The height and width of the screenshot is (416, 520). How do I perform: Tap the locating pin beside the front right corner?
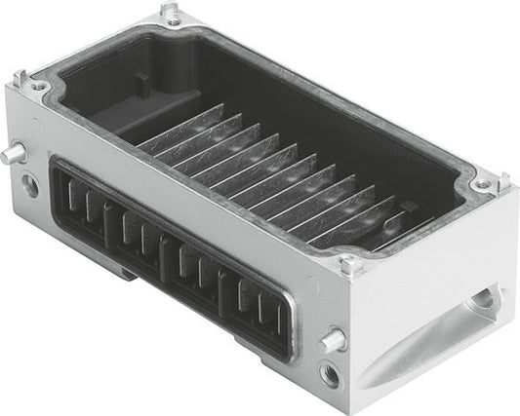[333, 340]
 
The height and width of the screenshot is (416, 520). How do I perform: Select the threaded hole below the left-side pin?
[30, 184]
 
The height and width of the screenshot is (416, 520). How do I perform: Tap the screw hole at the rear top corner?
[173, 22]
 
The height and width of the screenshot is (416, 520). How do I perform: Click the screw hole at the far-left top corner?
[39, 87]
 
